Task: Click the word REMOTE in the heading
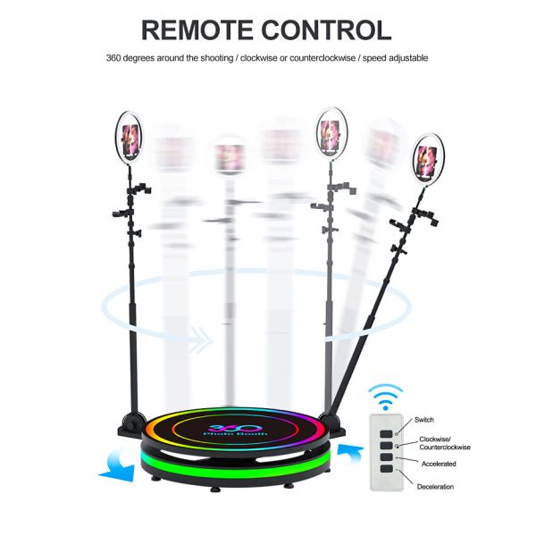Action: coord(197,30)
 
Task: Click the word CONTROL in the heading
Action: coord(327,30)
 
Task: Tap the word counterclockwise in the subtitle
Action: coord(322,58)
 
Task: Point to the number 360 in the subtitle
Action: coord(113,58)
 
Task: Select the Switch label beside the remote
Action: coord(423,420)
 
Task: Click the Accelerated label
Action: coord(439,464)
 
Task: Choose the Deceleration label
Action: coord(435,487)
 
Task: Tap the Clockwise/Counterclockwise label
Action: coord(445,443)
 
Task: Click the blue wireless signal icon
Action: coord(386,397)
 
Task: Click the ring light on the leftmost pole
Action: coord(130,137)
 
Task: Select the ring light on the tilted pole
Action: coord(428,159)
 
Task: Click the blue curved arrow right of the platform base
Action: coord(350,453)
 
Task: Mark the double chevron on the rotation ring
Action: coord(202,340)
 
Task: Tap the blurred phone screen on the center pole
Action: coord(230,157)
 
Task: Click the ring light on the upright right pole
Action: coord(331,134)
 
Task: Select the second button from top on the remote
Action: coord(386,446)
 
